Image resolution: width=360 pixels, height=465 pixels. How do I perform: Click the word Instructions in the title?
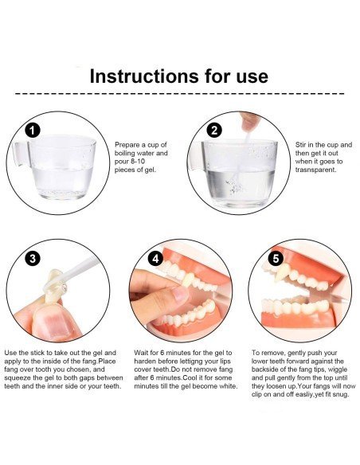point(144,76)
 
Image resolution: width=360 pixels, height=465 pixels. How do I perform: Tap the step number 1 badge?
point(33,130)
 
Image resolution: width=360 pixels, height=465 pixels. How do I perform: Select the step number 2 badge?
point(214,130)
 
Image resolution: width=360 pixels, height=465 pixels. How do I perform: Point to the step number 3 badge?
point(33,258)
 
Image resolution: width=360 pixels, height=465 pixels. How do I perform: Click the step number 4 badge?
point(155,258)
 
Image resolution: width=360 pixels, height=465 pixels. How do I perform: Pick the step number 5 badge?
point(276,258)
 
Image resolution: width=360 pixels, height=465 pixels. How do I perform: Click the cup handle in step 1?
point(20,154)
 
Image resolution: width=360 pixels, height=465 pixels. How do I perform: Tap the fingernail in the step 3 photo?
point(57,325)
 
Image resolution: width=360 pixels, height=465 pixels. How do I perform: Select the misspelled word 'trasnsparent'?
point(315,170)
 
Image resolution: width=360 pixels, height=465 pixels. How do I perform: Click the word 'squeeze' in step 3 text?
point(17,377)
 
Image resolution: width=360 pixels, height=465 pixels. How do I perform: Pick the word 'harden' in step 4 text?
point(145,361)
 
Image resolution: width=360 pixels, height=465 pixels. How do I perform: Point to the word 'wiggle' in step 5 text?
point(338,369)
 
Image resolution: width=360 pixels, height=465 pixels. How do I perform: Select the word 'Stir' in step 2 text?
point(301,145)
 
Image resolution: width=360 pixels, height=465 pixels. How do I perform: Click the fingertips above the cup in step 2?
point(249,121)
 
